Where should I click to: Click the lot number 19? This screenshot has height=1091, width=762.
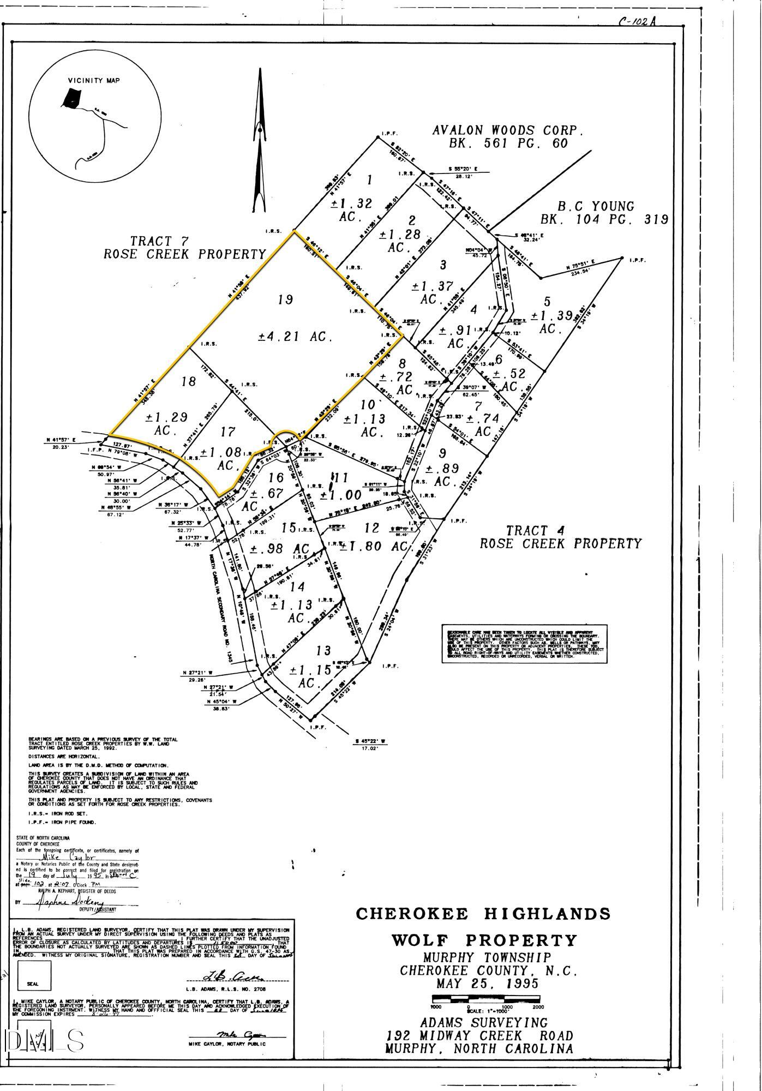286,299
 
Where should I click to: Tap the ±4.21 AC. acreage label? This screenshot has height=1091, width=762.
295,337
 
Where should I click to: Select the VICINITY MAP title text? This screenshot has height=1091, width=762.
94,81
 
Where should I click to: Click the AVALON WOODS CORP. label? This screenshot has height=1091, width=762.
508,131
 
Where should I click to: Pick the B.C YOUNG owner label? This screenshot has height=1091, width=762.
595,207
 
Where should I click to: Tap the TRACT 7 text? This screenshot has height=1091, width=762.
151,241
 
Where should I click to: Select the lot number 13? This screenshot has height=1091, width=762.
323,650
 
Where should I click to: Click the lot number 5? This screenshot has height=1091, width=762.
547,301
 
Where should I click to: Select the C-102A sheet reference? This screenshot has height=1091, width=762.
637,22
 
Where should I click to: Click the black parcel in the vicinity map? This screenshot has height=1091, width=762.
71,98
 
